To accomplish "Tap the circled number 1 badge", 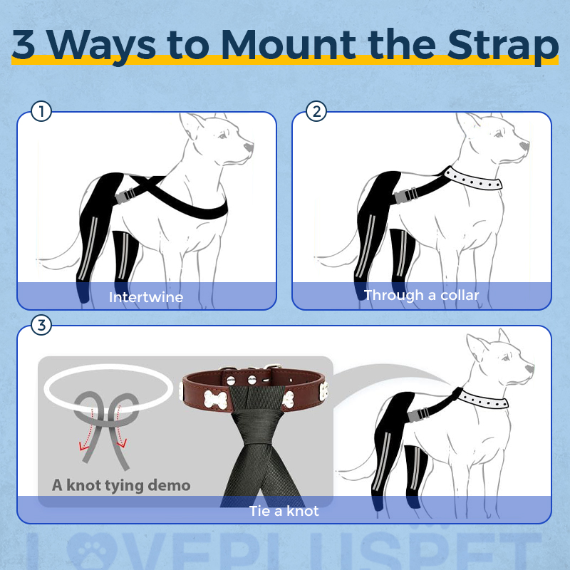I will click(42, 111).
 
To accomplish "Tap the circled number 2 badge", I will click(316, 111).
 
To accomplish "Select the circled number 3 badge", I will click(42, 326).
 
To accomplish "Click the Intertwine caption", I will click(146, 297).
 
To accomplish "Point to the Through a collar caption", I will click(421, 295).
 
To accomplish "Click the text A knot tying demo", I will click(121, 485).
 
